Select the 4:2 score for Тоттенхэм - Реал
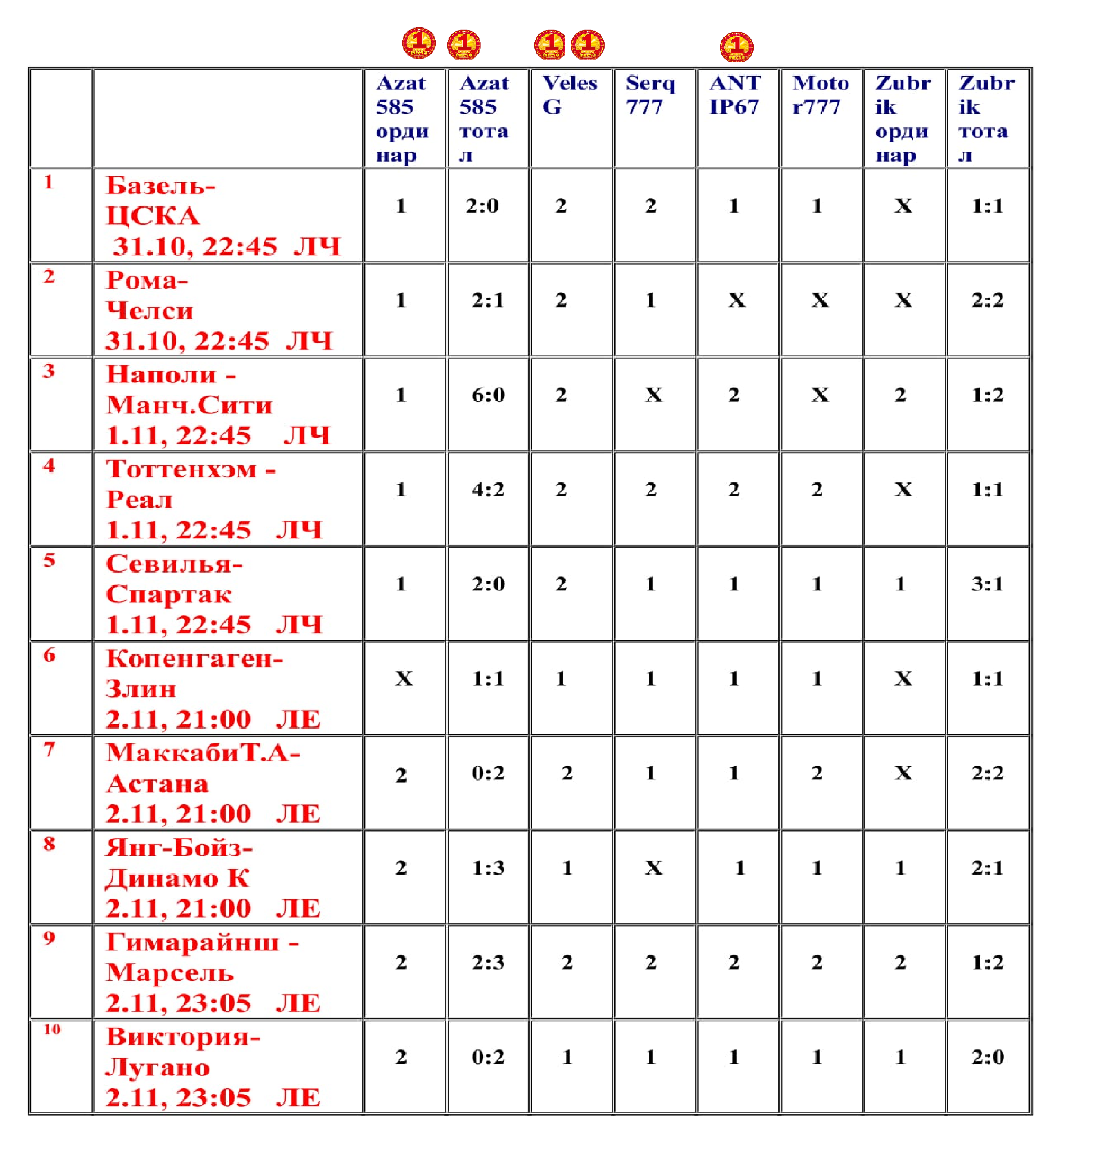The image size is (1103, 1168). pos(488,489)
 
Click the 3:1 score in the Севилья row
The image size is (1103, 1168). pos(987,584)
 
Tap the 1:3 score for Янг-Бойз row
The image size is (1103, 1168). pos(488,868)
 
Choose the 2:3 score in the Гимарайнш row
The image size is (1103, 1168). pos(488,963)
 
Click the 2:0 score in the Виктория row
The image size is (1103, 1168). pos(987,1057)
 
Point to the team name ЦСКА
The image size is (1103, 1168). pos(153,216)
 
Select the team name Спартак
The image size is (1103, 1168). pos(169,594)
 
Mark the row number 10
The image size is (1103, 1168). pos(52,1029)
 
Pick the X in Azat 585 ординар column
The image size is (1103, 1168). pos(403,679)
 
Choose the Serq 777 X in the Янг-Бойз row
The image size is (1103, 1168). pos(653,868)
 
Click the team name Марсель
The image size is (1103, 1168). pos(170,973)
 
